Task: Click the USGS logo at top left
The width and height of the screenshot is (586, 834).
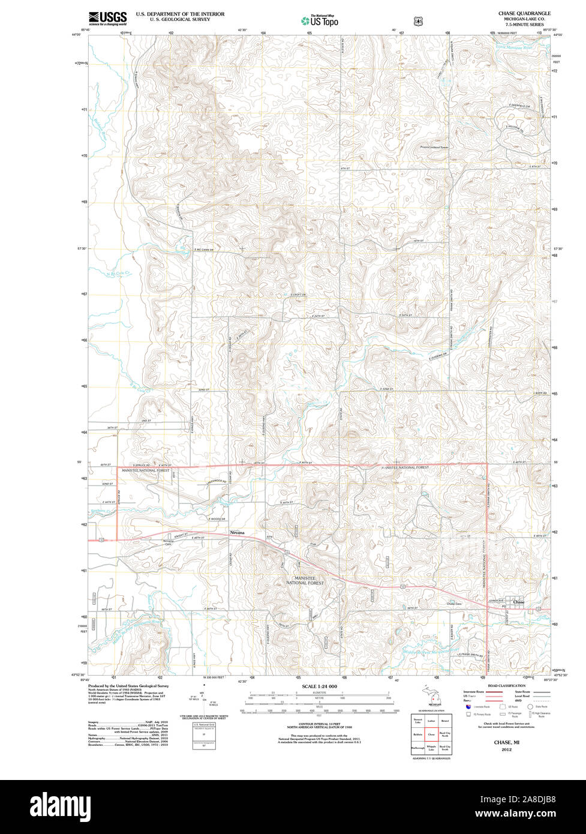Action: pos(108,17)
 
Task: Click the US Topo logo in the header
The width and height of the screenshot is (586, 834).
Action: pos(320,21)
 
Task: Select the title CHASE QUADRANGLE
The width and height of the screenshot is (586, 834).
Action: pos(524,13)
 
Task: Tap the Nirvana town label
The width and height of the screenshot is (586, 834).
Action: pos(236,532)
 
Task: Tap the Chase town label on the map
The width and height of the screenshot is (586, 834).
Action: pos(519,602)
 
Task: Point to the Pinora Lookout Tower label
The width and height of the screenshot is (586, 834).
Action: pos(435,146)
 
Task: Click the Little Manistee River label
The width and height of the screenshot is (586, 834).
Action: pos(518,46)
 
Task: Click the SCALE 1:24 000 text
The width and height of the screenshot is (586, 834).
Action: pos(320,686)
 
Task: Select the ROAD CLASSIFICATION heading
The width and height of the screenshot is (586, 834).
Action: pos(506,686)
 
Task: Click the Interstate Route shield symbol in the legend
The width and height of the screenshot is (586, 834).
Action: pos(468,707)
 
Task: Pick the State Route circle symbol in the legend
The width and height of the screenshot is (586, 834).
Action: pos(530,707)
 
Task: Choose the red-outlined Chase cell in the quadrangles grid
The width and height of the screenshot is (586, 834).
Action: pos(431,734)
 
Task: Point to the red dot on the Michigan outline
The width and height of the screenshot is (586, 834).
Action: pos(429,697)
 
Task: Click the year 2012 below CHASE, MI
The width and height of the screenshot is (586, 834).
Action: pos(507,749)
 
